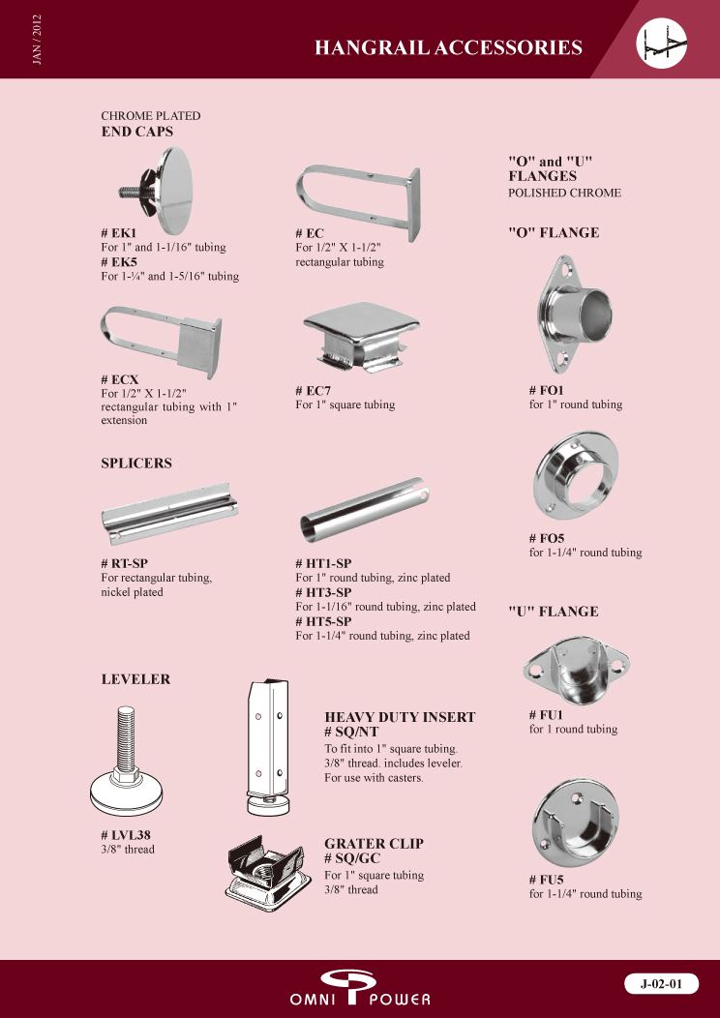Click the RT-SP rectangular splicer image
170,513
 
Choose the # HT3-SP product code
323,592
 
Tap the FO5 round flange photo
576,478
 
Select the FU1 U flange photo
576,671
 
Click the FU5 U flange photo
576,829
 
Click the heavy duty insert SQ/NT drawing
267,747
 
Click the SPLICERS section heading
136,464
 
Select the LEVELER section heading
135,679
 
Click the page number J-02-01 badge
662,983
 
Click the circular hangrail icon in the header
662,43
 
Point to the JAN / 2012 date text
37,39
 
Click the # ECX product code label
120,379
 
